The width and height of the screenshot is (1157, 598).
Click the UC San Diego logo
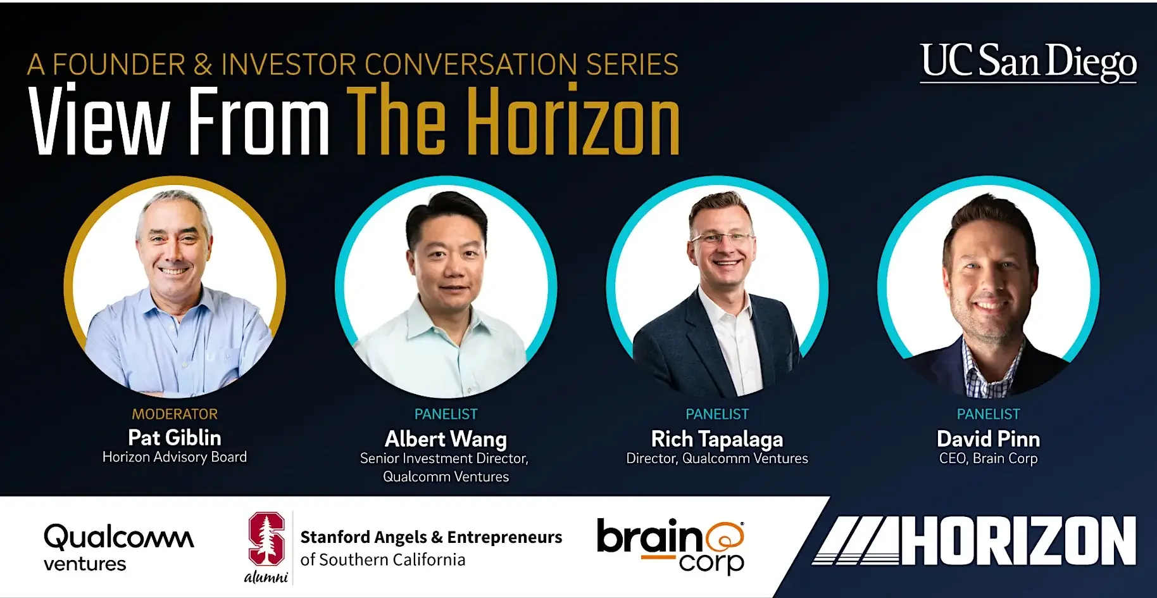point(1029,62)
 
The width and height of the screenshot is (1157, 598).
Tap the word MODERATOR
point(175,414)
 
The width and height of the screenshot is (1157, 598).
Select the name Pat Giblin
point(175,438)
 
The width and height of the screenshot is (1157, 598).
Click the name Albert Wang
point(446,439)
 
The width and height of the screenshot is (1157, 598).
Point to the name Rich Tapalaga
point(717,439)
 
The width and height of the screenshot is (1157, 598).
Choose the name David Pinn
point(988,439)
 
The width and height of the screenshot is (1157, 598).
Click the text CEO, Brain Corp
point(988,459)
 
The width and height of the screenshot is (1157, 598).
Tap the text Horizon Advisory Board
point(175,457)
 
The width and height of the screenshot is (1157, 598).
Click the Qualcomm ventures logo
point(119,547)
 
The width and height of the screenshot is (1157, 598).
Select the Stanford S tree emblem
point(266,538)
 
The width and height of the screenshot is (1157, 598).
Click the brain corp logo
point(671,546)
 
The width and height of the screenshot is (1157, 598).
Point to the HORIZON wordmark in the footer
point(975,540)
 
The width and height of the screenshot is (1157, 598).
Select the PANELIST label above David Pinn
point(988,414)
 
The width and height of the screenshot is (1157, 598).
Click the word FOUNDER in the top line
point(119,65)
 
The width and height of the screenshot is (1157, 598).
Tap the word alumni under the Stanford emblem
point(266,576)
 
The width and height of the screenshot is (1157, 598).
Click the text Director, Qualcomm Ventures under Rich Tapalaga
point(717,459)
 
